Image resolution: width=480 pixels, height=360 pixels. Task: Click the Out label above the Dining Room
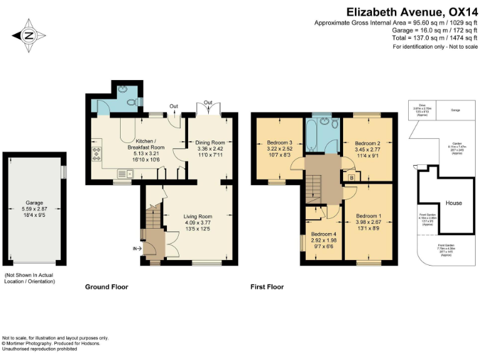tap(208, 102)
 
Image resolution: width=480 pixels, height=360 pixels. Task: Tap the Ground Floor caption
tap(106, 287)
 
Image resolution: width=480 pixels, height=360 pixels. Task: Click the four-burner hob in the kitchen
tap(97, 154)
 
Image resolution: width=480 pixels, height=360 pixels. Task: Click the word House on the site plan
tap(454, 203)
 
